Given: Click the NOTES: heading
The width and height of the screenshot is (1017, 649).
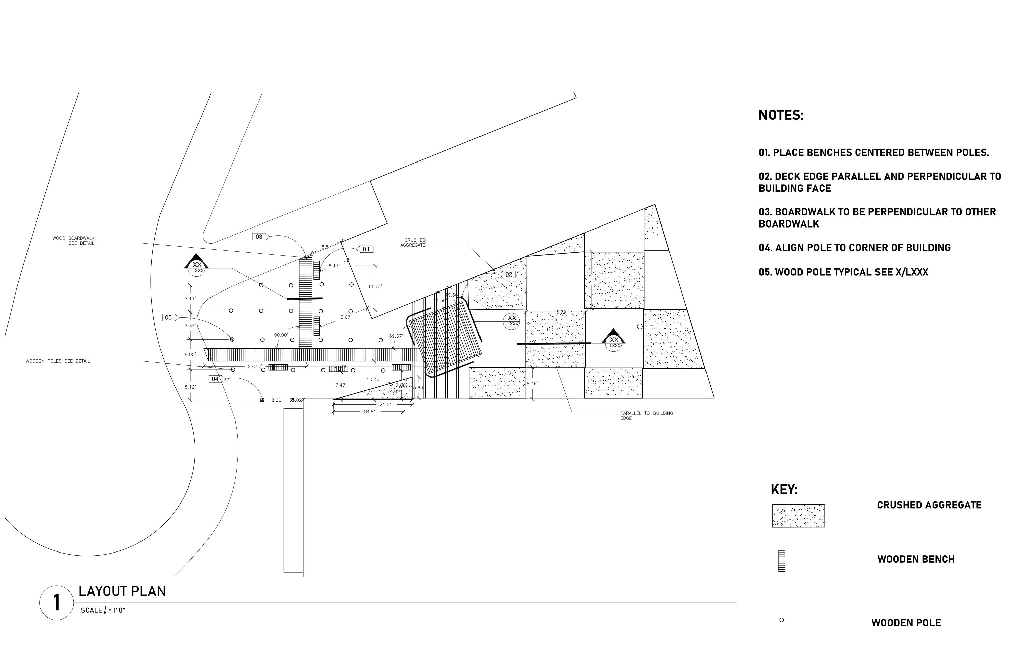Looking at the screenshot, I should [x=781, y=115].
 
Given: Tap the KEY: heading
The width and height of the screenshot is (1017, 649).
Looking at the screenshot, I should [x=784, y=490].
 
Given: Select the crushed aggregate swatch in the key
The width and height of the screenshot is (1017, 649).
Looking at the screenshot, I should [x=798, y=515].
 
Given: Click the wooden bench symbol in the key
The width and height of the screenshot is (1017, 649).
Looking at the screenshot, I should [x=781, y=561].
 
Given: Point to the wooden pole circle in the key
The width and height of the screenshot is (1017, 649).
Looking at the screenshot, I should [x=781, y=620].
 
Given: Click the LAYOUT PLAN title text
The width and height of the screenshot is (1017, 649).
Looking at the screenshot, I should [x=122, y=591].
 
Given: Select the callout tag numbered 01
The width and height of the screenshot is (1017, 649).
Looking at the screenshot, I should [x=366, y=249].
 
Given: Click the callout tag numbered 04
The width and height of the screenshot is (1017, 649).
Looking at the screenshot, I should [x=215, y=379].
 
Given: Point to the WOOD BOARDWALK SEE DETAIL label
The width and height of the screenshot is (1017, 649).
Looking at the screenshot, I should [x=73, y=241].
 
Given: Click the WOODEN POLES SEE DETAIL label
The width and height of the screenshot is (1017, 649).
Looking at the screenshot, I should [x=58, y=361].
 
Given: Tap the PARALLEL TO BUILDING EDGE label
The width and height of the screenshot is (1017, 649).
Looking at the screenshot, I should [x=646, y=416].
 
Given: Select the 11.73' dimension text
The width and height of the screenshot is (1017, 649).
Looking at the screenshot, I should [x=375, y=286].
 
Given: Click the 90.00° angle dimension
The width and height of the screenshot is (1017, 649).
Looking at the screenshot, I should [x=281, y=335].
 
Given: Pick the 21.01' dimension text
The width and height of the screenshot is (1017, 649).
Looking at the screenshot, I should [x=386, y=404].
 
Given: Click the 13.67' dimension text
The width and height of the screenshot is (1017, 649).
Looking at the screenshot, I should [x=345, y=317].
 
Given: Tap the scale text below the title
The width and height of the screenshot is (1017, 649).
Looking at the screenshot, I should [x=103, y=610].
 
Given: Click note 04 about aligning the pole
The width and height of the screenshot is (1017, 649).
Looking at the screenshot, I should [x=854, y=248].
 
